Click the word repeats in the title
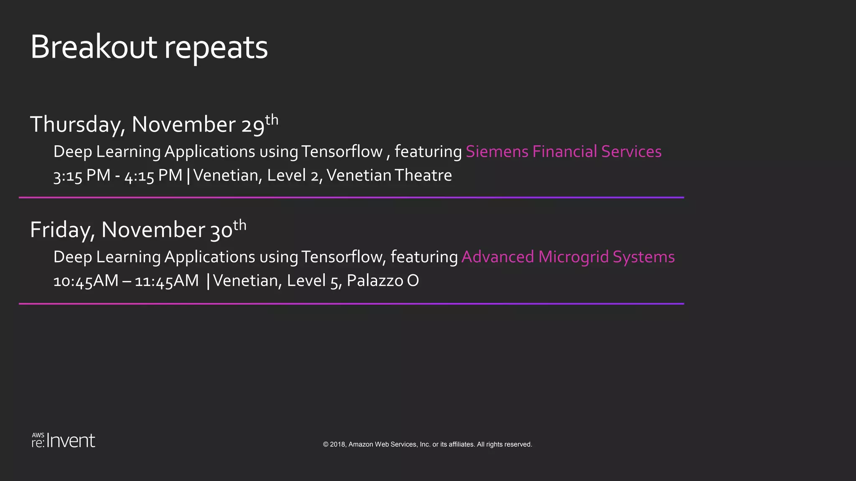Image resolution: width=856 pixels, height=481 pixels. (216, 48)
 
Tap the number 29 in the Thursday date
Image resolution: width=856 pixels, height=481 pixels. (253, 125)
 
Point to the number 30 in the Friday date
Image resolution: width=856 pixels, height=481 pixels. (221, 230)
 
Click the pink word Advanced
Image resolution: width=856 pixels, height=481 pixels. (497, 257)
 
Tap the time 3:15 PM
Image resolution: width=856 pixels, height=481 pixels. (82, 176)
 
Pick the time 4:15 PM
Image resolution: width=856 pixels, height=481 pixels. (153, 176)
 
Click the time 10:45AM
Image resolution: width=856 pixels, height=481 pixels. (86, 281)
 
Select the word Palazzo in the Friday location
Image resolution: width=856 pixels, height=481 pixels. (375, 281)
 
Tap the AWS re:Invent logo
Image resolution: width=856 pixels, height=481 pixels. (64, 440)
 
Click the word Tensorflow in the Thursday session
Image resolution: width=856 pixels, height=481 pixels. (341, 152)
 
